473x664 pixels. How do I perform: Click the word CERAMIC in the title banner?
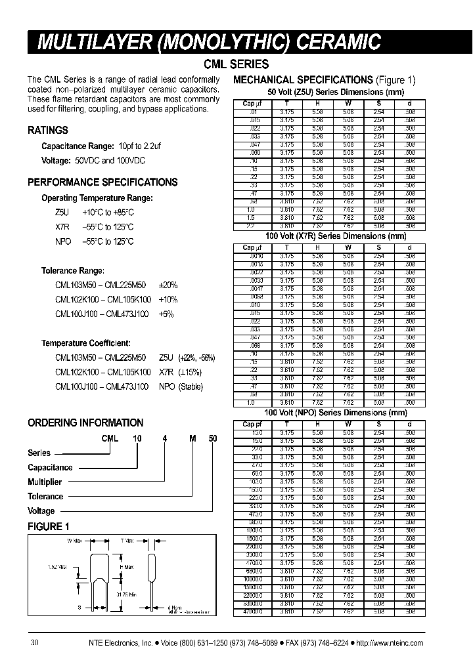pyautogui.click(x=334, y=43)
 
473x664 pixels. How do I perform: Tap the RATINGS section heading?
pyautogui.click(x=47, y=130)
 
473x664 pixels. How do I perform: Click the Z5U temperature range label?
pyautogui.click(x=61, y=212)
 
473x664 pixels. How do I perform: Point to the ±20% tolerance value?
pyautogui.click(x=168, y=285)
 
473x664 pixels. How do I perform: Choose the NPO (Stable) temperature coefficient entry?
pyautogui.click(x=181, y=387)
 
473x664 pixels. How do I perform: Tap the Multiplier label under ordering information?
pyautogui.click(x=45, y=482)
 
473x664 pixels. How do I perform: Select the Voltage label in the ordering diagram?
pyautogui.click(x=41, y=511)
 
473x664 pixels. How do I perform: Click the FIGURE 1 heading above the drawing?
pyautogui.click(x=48, y=526)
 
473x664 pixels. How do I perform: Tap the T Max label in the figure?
pyautogui.click(x=127, y=541)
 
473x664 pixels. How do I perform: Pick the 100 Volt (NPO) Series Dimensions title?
pyautogui.click(x=335, y=413)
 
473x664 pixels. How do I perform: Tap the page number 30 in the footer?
pyautogui.click(x=34, y=643)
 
